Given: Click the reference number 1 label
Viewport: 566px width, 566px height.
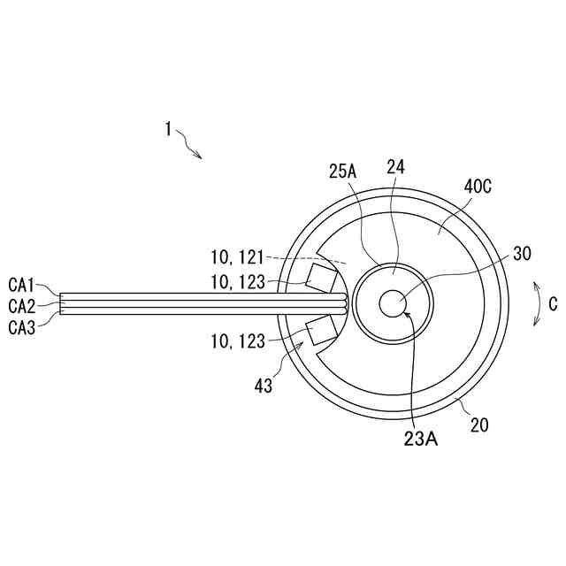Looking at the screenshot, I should coord(168,129).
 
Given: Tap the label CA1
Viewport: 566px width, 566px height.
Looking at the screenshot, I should coord(21,285).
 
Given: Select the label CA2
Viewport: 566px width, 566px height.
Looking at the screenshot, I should coord(21,305).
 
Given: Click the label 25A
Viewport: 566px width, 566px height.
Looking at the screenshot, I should coord(343,172).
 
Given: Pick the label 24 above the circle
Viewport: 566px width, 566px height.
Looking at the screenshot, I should coord(395,166).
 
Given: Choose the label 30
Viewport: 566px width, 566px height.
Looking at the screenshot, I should coord(522,253).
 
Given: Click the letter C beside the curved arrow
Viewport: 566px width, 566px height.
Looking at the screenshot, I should coord(553,304).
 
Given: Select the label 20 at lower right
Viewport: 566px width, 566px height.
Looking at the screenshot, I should coord(479,425).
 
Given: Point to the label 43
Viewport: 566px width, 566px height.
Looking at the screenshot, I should coord(264,386).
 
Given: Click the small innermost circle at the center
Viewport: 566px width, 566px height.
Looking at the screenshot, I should coord(392,303).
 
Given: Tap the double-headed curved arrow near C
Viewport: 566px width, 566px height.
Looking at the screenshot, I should coord(536,303).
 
